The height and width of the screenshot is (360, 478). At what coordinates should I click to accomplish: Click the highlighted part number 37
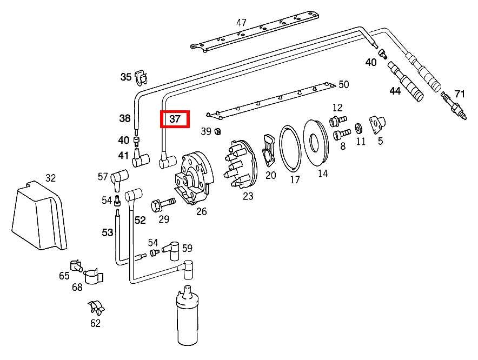tap(175, 119)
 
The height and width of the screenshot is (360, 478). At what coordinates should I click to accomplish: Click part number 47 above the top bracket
tap(241, 23)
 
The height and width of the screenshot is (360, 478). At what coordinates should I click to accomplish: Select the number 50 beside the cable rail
tap(344, 84)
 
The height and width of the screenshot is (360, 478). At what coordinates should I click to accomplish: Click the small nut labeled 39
tap(218, 131)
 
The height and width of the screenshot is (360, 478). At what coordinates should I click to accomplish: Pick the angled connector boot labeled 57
tap(119, 178)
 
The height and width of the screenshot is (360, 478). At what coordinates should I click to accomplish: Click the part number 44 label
tap(395, 91)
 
